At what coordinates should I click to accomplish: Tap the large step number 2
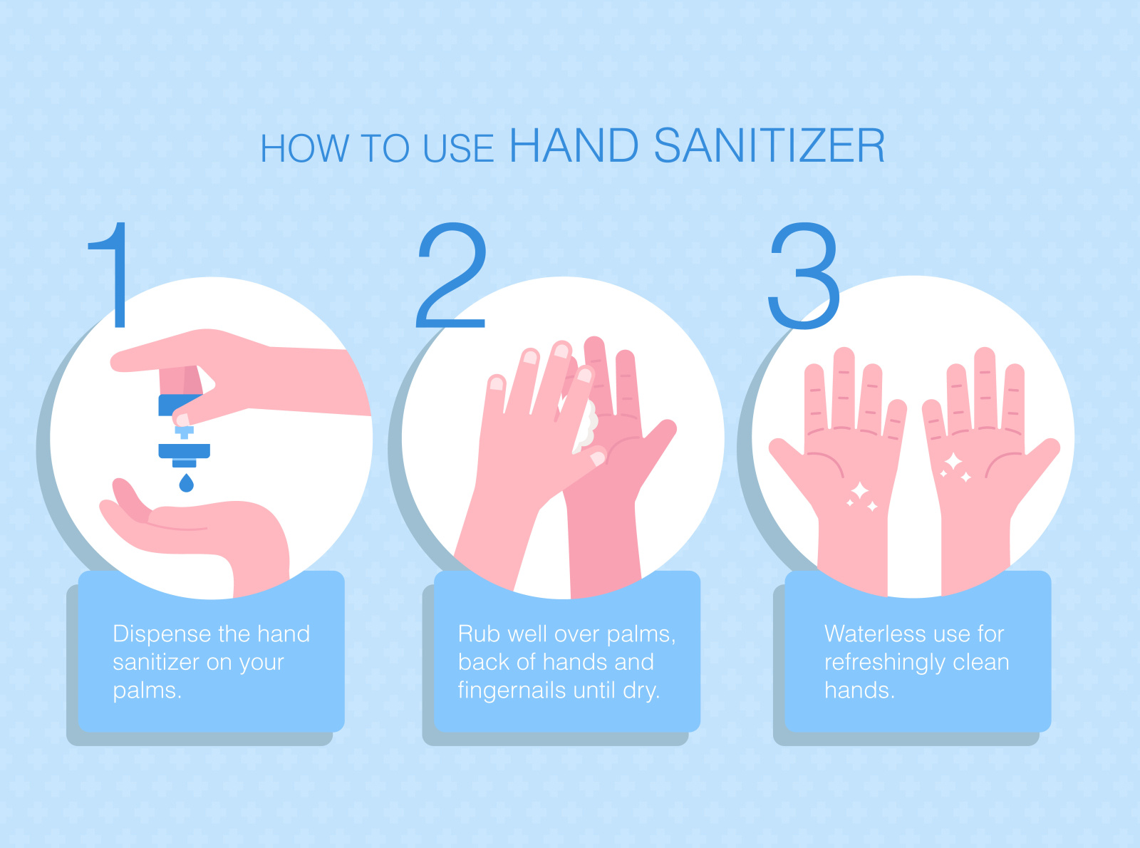click(451, 274)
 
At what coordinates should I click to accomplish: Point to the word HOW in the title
click(305, 149)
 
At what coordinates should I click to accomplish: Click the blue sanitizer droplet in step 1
click(186, 483)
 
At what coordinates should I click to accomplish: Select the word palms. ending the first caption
click(147, 691)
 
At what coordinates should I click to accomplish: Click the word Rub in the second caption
click(479, 634)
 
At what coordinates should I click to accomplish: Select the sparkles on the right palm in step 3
click(955, 467)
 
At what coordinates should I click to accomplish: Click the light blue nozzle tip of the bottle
click(184, 431)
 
